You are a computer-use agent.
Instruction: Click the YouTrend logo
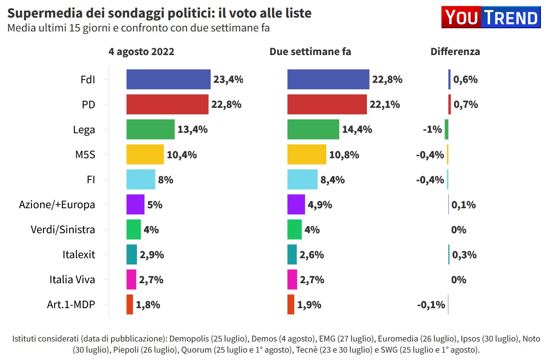(x=491, y=18)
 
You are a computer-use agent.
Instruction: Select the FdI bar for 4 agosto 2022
(x=168, y=80)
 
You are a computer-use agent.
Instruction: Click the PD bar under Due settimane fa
(x=327, y=105)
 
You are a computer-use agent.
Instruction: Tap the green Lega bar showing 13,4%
(x=150, y=130)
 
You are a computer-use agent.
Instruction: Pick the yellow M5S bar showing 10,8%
(x=307, y=155)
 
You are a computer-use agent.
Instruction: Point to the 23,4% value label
(x=228, y=80)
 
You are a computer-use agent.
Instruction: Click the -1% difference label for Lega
(x=432, y=130)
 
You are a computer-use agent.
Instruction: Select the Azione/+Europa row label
(x=57, y=205)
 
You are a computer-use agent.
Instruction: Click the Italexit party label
(x=79, y=254)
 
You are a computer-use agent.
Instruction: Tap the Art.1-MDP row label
(x=71, y=304)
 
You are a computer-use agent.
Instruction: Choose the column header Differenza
(x=455, y=52)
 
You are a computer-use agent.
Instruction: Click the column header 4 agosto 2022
(x=141, y=52)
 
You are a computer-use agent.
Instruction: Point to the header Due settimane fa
(x=310, y=52)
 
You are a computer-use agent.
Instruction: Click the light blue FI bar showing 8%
(x=141, y=180)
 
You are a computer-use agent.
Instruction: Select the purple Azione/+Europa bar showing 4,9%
(x=296, y=205)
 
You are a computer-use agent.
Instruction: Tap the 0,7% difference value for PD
(x=465, y=105)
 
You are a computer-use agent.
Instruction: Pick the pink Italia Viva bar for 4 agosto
(x=131, y=279)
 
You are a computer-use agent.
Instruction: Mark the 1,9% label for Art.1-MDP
(x=309, y=304)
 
